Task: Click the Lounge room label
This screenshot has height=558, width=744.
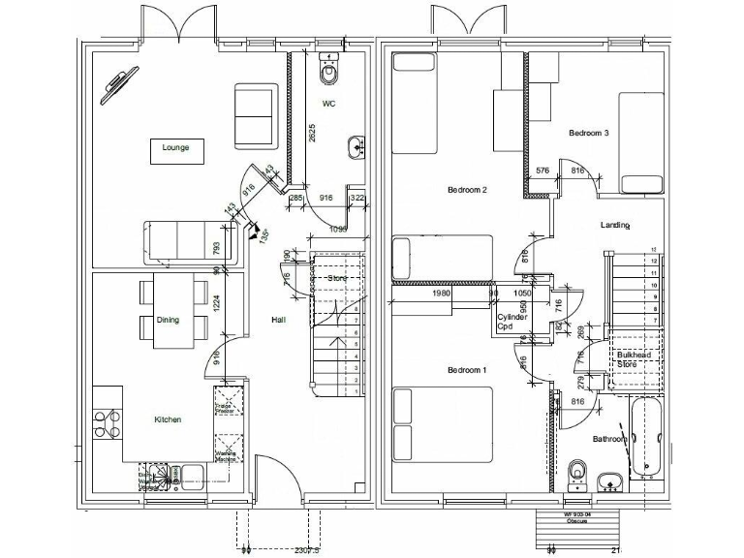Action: [x=175, y=148]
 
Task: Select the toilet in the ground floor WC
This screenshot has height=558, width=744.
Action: [x=330, y=69]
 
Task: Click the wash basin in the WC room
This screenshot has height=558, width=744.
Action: [x=355, y=146]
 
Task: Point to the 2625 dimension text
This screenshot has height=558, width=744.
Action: [x=311, y=134]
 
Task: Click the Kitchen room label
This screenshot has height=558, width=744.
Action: [x=167, y=419]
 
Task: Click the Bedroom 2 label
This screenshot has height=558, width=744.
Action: [x=467, y=190]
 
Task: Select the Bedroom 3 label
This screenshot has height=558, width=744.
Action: [x=588, y=133]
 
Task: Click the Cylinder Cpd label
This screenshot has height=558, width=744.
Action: [x=511, y=323]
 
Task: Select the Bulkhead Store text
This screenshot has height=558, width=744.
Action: [x=634, y=359]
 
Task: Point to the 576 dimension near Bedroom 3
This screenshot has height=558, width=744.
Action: [x=542, y=171]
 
